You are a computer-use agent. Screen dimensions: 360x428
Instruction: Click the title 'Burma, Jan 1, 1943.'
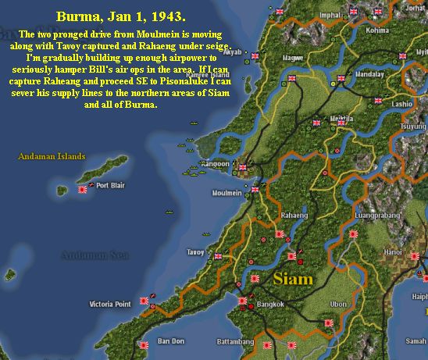point(123,16)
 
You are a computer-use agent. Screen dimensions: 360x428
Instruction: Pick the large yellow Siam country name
point(293,278)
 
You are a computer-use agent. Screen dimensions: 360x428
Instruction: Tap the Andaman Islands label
point(52,156)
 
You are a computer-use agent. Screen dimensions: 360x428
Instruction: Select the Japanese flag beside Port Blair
point(84,188)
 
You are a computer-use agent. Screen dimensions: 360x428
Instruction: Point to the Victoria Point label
point(112,303)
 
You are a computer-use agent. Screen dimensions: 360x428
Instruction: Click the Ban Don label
point(170,341)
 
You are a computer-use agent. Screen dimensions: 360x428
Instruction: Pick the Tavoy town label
point(195,251)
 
